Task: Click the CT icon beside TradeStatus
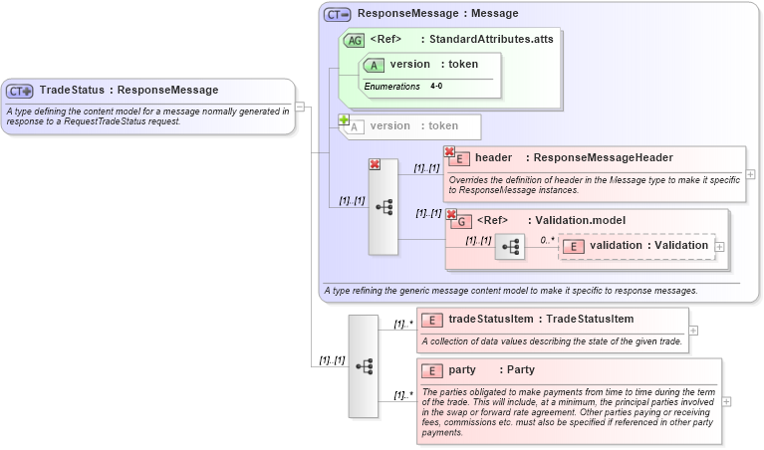coord(20,91)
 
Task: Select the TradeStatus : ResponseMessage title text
coord(128,91)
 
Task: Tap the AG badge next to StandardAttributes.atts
coord(354,40)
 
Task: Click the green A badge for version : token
coord(375,65)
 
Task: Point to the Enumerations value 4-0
coord(436,87)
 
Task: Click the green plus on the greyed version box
coord(344,119)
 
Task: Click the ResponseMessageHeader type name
coord(604,157)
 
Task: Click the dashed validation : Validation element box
coord(637,246)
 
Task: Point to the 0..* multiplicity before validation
coord(547,240)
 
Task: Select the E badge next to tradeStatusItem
coord(432,320)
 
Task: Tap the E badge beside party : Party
coord(432,370)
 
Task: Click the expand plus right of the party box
coord(727,401)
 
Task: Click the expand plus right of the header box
coord(750,174)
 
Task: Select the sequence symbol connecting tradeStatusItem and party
coord(363,366)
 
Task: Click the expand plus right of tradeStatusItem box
coord(694,331)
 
